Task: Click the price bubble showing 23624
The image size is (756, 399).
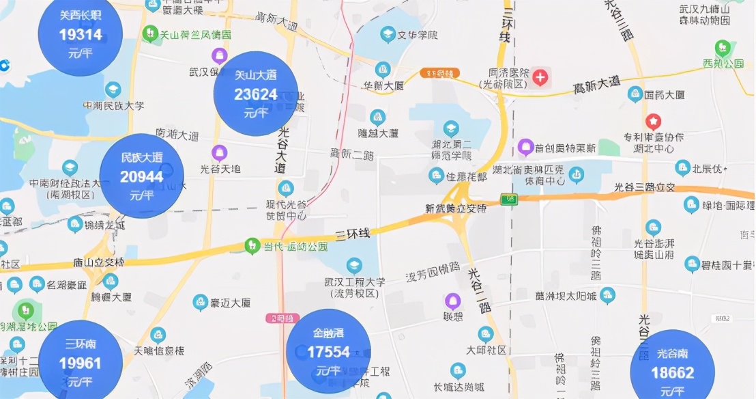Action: pyautogui.click(x=256, y=94)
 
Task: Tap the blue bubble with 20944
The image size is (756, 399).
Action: pyautogui.click(x=142, y=176)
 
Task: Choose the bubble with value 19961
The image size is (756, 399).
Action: pyautogui.click(x=81, y=362)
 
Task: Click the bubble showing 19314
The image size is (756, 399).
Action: pyautogui.click(x=81, y=33)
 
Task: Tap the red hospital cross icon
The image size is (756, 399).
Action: pyautogui.click(x=540, y=77)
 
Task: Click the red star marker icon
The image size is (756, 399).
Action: pyautogui.click(x=654, y=122)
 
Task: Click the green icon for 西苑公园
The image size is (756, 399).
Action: pyautogui.click(x=723, y=48)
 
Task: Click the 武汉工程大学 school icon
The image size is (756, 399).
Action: pyautogui.click(x=353, y=265)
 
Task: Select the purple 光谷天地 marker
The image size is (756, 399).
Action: pyautogui.click(x=219, y=152)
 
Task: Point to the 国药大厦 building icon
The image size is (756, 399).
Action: pyautogui.click(x=635, y=94)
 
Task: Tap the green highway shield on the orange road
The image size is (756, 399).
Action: pyautogui.click(x=508, y=199)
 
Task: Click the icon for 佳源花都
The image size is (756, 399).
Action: pyautogui.click(x=436, y=176)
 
